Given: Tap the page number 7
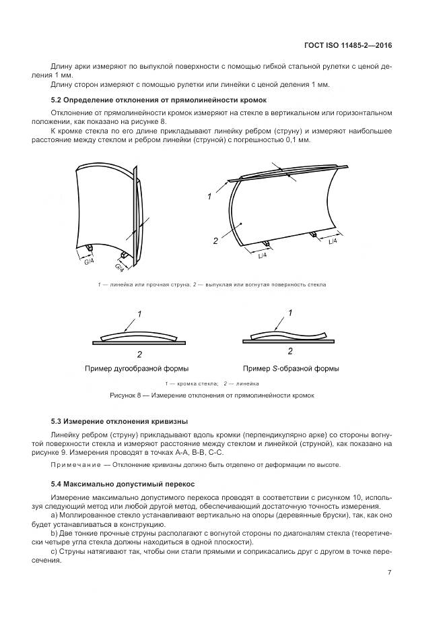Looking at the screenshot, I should pos(390,573).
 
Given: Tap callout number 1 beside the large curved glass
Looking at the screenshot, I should pos(209,197).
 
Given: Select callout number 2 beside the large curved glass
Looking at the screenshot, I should pos(214,239).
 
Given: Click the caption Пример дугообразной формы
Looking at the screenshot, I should pos(137,369).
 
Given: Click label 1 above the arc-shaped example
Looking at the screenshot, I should pos(139,314).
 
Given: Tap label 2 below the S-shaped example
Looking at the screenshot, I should pos(290,351).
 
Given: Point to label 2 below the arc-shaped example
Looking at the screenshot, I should pos(139,354).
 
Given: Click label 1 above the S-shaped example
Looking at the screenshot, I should pos(290,313).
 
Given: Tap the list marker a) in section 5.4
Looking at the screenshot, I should pos(55,515).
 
